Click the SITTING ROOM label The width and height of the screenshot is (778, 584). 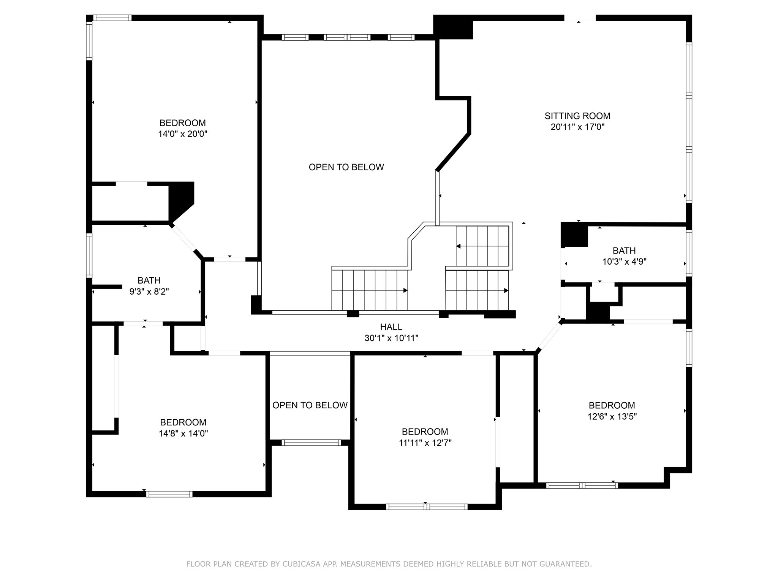click(x=577, y=116)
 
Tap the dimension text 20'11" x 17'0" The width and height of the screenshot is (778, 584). click(x=577, y=127)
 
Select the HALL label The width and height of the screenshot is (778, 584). click(x=391, y=327)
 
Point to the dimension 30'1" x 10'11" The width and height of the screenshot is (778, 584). click(x=391, y=338)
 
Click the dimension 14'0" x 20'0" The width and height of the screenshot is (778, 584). click(x=182, y=134)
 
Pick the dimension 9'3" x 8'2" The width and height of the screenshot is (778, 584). click(x=149, y=292)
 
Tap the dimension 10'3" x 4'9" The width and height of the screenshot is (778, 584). click(x=624, y=262)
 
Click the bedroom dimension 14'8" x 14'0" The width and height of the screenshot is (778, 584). click(x=183, y=433)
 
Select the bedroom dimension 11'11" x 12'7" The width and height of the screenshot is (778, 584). click(x=425, y=443)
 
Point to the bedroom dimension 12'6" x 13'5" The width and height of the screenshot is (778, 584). click(x=612, y=416)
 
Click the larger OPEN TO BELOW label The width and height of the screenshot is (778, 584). click(x=346, y=167)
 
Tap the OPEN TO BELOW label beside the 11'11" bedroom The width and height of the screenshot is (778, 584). click(x=310, y=405)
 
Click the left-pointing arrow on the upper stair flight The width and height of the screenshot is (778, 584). click(x=459, y=246)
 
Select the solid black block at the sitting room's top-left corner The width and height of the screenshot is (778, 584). click(x=453, y=27)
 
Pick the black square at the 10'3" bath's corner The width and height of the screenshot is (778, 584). click(x=574, y=235)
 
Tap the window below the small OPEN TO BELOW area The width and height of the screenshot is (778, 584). click(x=311, y=443)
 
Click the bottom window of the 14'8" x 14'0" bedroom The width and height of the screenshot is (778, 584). click(x=169, y=494)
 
